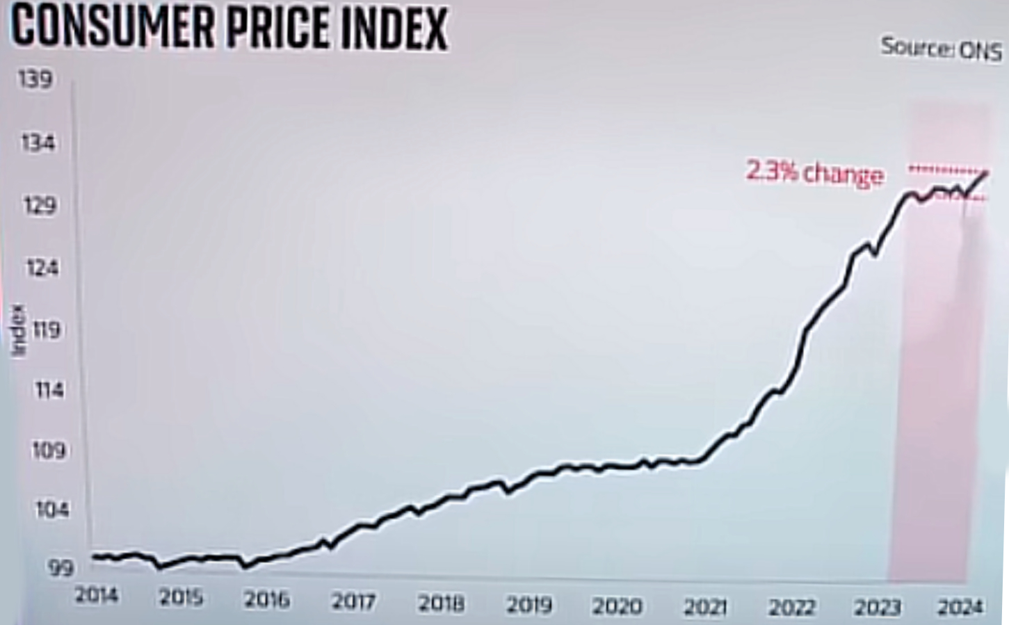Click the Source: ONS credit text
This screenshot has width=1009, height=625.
[x=940, y=49]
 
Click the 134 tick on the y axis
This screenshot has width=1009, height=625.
[x=38, y=143]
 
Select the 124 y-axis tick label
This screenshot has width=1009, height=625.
[x=41, y=267]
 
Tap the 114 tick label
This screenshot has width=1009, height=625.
[x=49, y=390]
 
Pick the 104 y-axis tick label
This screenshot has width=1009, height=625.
[x=53, y=510]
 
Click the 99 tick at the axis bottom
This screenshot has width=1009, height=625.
[x=60, y=568]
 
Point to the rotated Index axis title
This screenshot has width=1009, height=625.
[x=19, y=330]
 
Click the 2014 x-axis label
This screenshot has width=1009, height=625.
[x=97, y=595]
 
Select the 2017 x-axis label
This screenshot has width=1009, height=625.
[x=354, y=601]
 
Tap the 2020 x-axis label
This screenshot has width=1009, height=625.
[x=616, y=606]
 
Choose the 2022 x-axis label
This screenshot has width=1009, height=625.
[x=791, y=608]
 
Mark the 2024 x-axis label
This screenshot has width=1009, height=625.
[x=960, y=607]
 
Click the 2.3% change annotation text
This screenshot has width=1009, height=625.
[x=815, y=172]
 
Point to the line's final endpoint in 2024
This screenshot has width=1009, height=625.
[x=986, y=172]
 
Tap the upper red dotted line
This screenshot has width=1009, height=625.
[x=946, y=169]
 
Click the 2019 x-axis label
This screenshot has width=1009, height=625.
[x=528, y=605]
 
